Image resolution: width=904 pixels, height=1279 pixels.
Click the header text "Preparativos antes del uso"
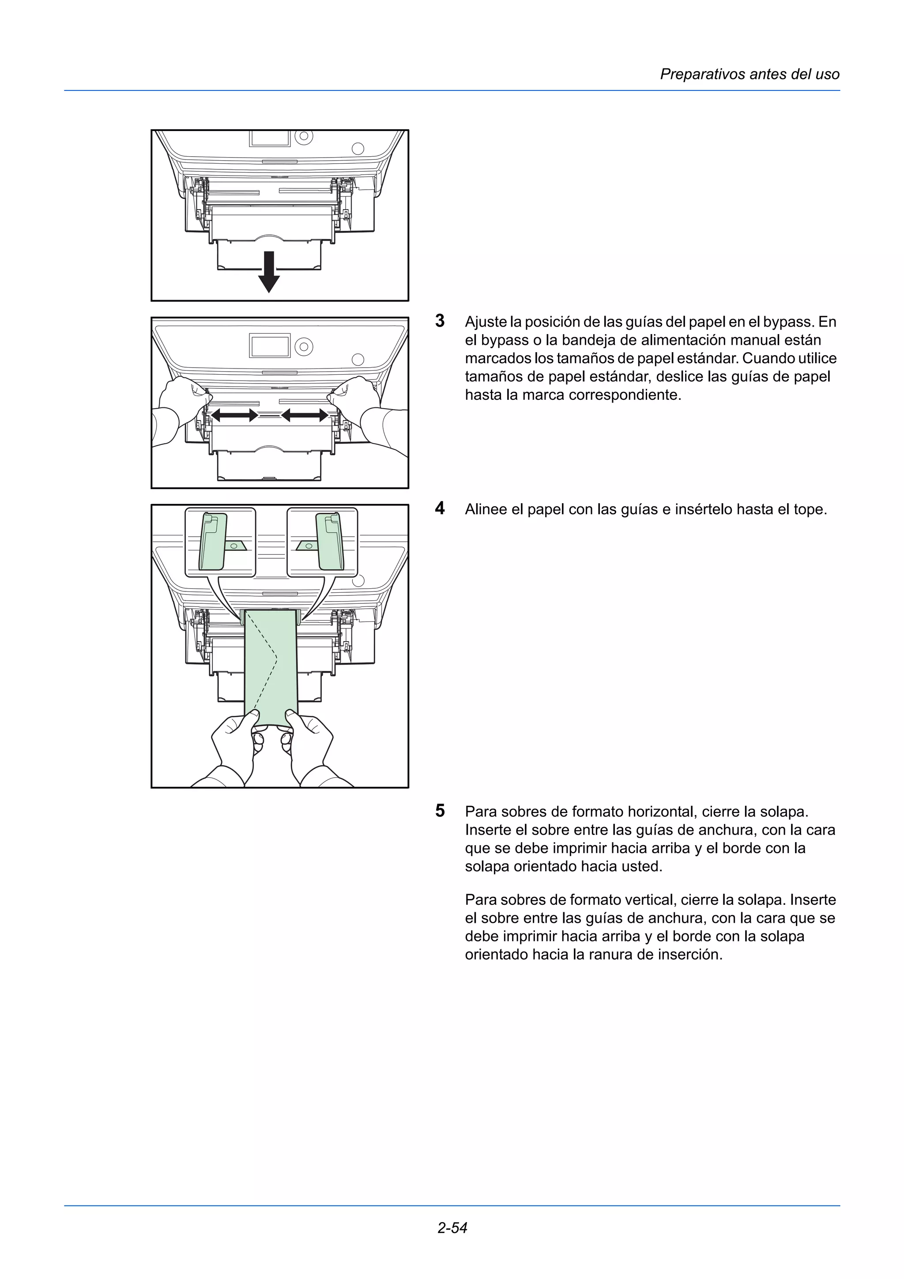749,74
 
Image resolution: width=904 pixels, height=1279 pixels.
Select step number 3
440,321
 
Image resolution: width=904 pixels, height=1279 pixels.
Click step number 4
440,508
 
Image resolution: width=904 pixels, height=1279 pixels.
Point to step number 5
440,810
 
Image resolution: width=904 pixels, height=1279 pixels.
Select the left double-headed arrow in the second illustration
234,415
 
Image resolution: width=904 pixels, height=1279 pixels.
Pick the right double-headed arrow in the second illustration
305,415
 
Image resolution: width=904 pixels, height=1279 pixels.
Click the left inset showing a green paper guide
220,542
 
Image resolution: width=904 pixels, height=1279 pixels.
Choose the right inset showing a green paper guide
322,542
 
